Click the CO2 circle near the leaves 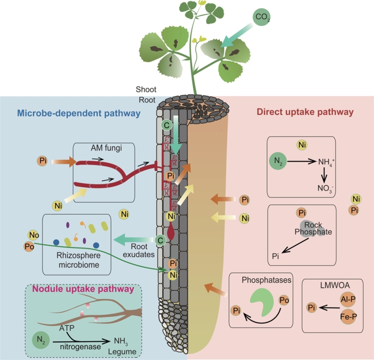pos(261,18)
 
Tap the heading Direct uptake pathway pos(305,113)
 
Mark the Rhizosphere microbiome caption pos(77,261)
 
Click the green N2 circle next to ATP pos(42,339)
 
